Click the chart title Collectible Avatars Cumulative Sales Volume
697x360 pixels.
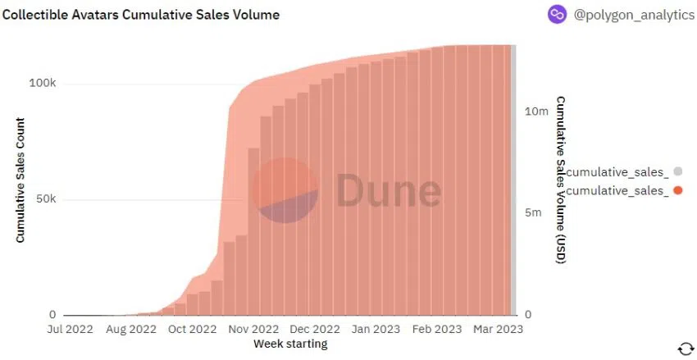140,15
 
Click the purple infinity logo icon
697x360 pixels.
558,15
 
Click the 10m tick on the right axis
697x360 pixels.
536,111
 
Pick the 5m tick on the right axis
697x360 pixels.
533,213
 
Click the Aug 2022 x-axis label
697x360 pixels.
130,330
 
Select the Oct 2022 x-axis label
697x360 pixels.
192,330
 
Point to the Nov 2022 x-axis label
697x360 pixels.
253,330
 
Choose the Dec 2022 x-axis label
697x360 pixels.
314,330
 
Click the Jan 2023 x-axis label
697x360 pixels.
375,330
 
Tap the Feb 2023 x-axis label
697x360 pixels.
436,330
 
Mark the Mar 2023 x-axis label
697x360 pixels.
496,330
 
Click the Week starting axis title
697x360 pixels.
290,344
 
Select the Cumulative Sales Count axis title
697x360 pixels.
20,180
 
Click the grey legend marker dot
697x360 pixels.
677,171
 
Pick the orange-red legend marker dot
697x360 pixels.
677,190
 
